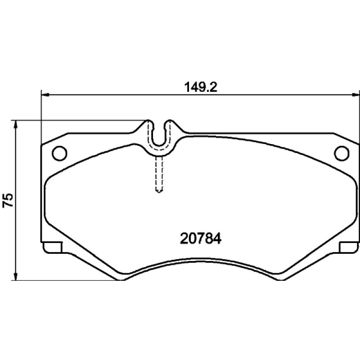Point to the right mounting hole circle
(342, 153)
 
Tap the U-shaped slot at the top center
(159, 135)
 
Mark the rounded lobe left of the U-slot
(149, 125)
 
